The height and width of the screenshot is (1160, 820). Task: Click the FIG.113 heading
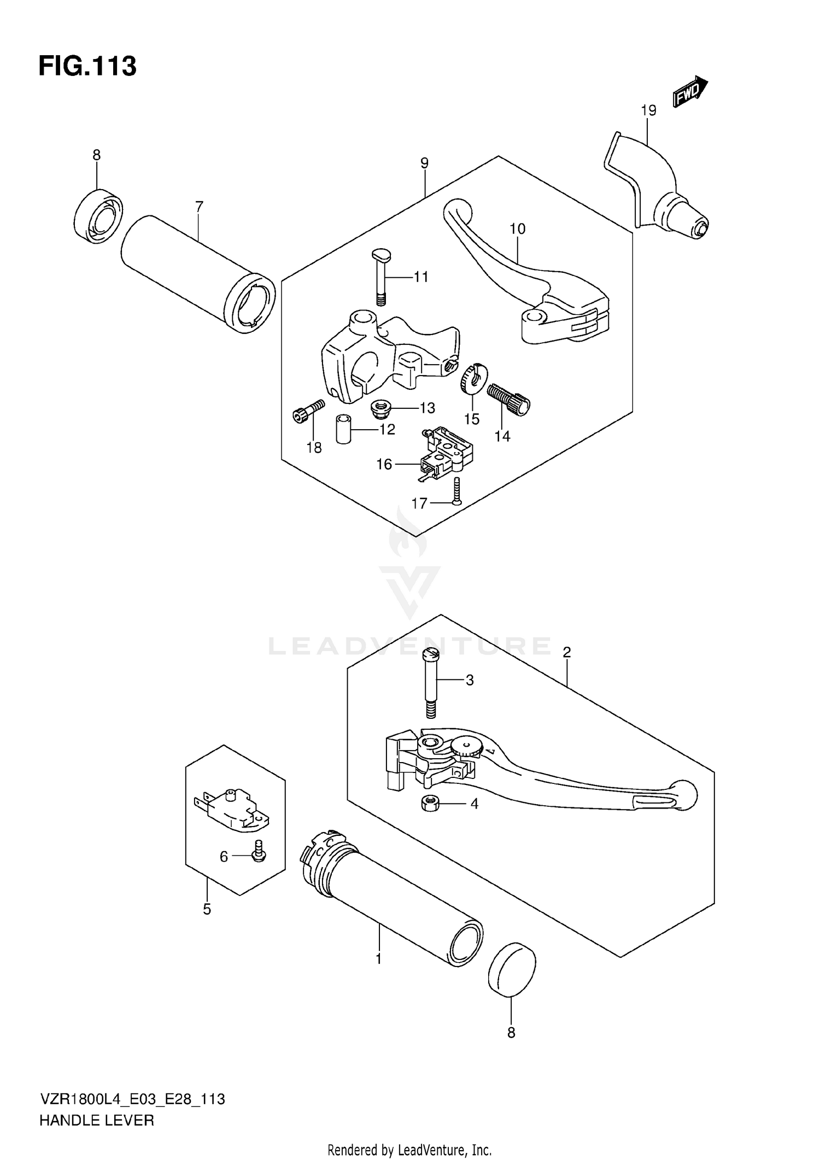(x=87, y=67)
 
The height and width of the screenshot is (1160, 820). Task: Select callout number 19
(x=648, y=110)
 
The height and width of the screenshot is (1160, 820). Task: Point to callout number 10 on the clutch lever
(x=517, y=229)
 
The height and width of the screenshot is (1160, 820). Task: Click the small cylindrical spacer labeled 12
(x=343, y=429)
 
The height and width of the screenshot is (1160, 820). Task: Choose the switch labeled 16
(x=446, y=453)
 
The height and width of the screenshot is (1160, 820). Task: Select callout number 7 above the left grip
(x=199, y=207)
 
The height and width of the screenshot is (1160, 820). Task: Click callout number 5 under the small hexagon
(x=207, y=909)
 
